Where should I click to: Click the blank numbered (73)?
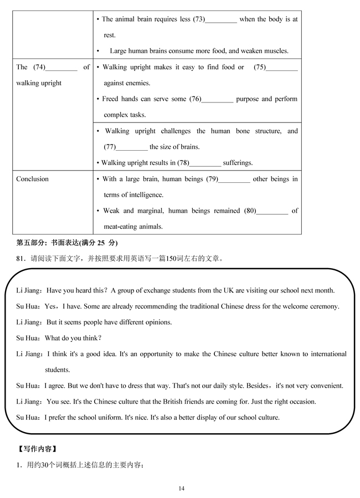click(221, 20)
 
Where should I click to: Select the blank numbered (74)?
click(61, 68)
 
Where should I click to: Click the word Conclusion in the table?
click(32, 179)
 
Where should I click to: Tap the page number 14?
click(182, 488)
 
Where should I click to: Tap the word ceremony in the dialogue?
click(325, 306)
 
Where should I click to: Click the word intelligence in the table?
click(144, 195)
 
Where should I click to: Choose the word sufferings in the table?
click(238, 163)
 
